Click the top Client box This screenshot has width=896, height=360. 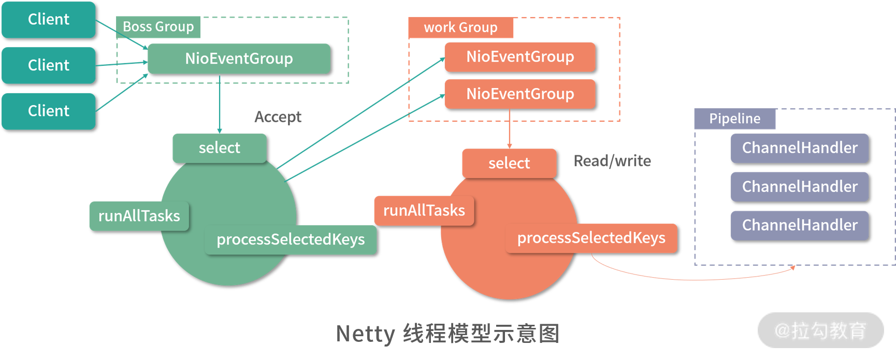pyautogui.click(x=49, y=20)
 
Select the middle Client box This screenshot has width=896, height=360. pyautogui.click(x=49, y=65)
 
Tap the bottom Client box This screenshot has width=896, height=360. pyautogui.click(x=49, y=111)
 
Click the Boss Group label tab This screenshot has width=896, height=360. pyautogui.click(x=158, y=27)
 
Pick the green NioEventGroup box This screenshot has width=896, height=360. pyautogui.click(x=239, y=59)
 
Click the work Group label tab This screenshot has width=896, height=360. pyautogui.click(x=460, y=27)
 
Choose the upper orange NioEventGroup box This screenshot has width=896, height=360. pyautogui.click(x=520, y=56)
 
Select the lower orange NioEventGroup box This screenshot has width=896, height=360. pyautogui.click(x=520, y=94)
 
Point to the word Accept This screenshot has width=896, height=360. pyautogui.click(x=278, y=117)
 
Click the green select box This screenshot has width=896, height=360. pyautogui.click(x=220, y=148)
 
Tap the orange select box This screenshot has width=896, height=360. pyautogui.click(x=509, y=164)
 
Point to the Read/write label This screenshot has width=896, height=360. pyautogui.click(x=612, y=161)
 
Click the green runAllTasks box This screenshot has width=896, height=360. pyautogui.click(x=139, y=216)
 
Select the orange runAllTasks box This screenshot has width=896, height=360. pyautogui.click(x=424, y=210)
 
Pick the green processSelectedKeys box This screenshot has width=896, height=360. pyautogui.click(x=291, y=239)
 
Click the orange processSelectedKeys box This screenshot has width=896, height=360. pyautogui.click(x=591, y=238)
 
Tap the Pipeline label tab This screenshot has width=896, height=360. pyautogui.click(x=734, y=119)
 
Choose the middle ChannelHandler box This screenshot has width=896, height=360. pyautogui.click(x=800, y=186)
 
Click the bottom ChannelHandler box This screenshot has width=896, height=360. pyautogui.click(x=800, y=225)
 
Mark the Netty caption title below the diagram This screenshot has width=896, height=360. pyautogui.click(x=447, y=334)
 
